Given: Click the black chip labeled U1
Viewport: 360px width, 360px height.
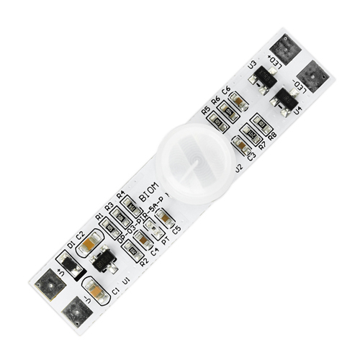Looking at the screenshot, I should [x=104, y=259].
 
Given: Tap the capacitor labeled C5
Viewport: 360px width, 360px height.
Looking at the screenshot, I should [x=165, y=217].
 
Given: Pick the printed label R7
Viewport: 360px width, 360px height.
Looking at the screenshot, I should [x=262, y=146].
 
